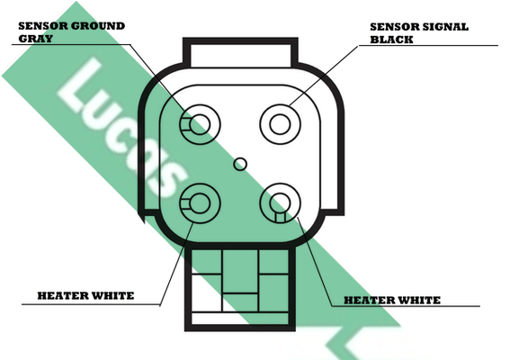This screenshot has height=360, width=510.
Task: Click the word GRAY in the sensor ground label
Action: tap(35, 39)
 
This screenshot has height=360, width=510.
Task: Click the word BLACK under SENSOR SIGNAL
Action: tap(391, 40)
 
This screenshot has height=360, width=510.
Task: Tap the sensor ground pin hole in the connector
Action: tap(200, 124)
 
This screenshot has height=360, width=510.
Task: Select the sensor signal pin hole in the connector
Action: tap(280, 124)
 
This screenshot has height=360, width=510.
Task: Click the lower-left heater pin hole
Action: tap(200, 203)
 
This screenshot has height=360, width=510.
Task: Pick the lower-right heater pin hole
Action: tap(280, 203)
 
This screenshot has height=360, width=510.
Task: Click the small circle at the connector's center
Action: tap(240, 164)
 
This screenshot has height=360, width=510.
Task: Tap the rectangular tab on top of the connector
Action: tap(240, 53)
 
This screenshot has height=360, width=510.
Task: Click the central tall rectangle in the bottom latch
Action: tap(240, 271)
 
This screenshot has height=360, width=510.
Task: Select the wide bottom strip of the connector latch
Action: tap(240, 319)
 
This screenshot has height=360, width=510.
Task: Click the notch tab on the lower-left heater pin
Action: tap(185, 203)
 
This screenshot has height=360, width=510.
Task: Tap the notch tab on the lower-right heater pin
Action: tap(280, 217)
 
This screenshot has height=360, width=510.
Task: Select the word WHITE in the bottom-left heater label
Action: tap(112, 295)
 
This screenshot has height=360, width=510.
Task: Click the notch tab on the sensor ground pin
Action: tap(185, 124)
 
